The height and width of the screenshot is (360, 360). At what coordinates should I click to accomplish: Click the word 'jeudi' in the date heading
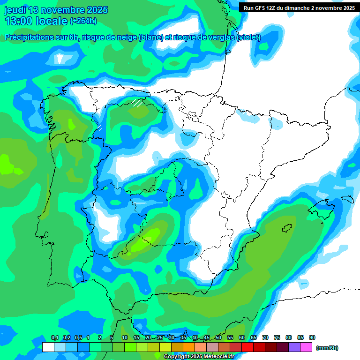click(15, 10)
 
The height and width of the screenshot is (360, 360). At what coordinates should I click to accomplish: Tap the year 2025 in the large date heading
click(96, 10)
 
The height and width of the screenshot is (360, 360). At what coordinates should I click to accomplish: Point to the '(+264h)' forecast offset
click(83, 21)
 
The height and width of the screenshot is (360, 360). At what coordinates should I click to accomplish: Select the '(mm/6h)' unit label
click(327, 348)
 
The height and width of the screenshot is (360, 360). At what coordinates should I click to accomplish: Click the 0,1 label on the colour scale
click(54, 337)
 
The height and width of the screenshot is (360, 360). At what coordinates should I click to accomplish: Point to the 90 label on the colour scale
click(312, 337)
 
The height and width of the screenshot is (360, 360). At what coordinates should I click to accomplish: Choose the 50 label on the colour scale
click(218, 337)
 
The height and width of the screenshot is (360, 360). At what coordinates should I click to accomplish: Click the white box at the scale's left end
click(48, 347)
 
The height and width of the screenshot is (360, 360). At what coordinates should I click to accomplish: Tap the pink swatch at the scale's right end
click(306, 347)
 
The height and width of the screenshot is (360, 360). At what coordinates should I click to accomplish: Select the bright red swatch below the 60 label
click(247, 347)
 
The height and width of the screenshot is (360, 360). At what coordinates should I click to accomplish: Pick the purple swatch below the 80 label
click(294, 347)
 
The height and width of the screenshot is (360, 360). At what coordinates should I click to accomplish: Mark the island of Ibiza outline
click(287, 228)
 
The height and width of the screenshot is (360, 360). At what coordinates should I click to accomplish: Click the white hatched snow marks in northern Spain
click(137, 103)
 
